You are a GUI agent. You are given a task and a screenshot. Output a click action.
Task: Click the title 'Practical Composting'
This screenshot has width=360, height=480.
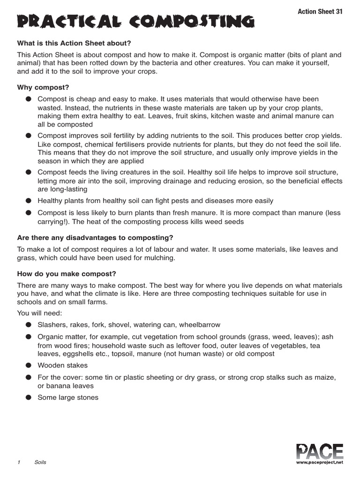tap(136, 22)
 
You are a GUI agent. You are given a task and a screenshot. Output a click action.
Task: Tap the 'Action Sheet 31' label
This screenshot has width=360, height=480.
tap(320, 11)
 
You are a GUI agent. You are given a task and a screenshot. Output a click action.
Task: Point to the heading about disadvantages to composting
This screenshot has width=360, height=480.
tap(95, 238)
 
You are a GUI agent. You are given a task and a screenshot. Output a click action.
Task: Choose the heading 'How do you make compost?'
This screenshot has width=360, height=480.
tap(67, 274)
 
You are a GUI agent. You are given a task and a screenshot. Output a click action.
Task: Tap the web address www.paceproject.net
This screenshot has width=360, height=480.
tap(320, 462)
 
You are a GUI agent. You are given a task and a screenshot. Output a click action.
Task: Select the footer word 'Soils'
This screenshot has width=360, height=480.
tap(40, 462)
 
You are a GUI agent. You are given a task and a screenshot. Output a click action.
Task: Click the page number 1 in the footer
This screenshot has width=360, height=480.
tap(19, 462)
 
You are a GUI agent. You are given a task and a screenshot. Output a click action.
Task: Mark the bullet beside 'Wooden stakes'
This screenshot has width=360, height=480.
tap(29, 366)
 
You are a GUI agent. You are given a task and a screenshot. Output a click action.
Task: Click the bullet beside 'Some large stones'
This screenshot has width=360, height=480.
tap(29, 397)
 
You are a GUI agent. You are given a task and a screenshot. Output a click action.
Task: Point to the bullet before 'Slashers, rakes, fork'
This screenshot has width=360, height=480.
tap(29, 325)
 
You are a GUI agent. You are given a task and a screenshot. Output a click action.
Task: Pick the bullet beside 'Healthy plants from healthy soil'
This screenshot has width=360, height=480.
tap(29, 201)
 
